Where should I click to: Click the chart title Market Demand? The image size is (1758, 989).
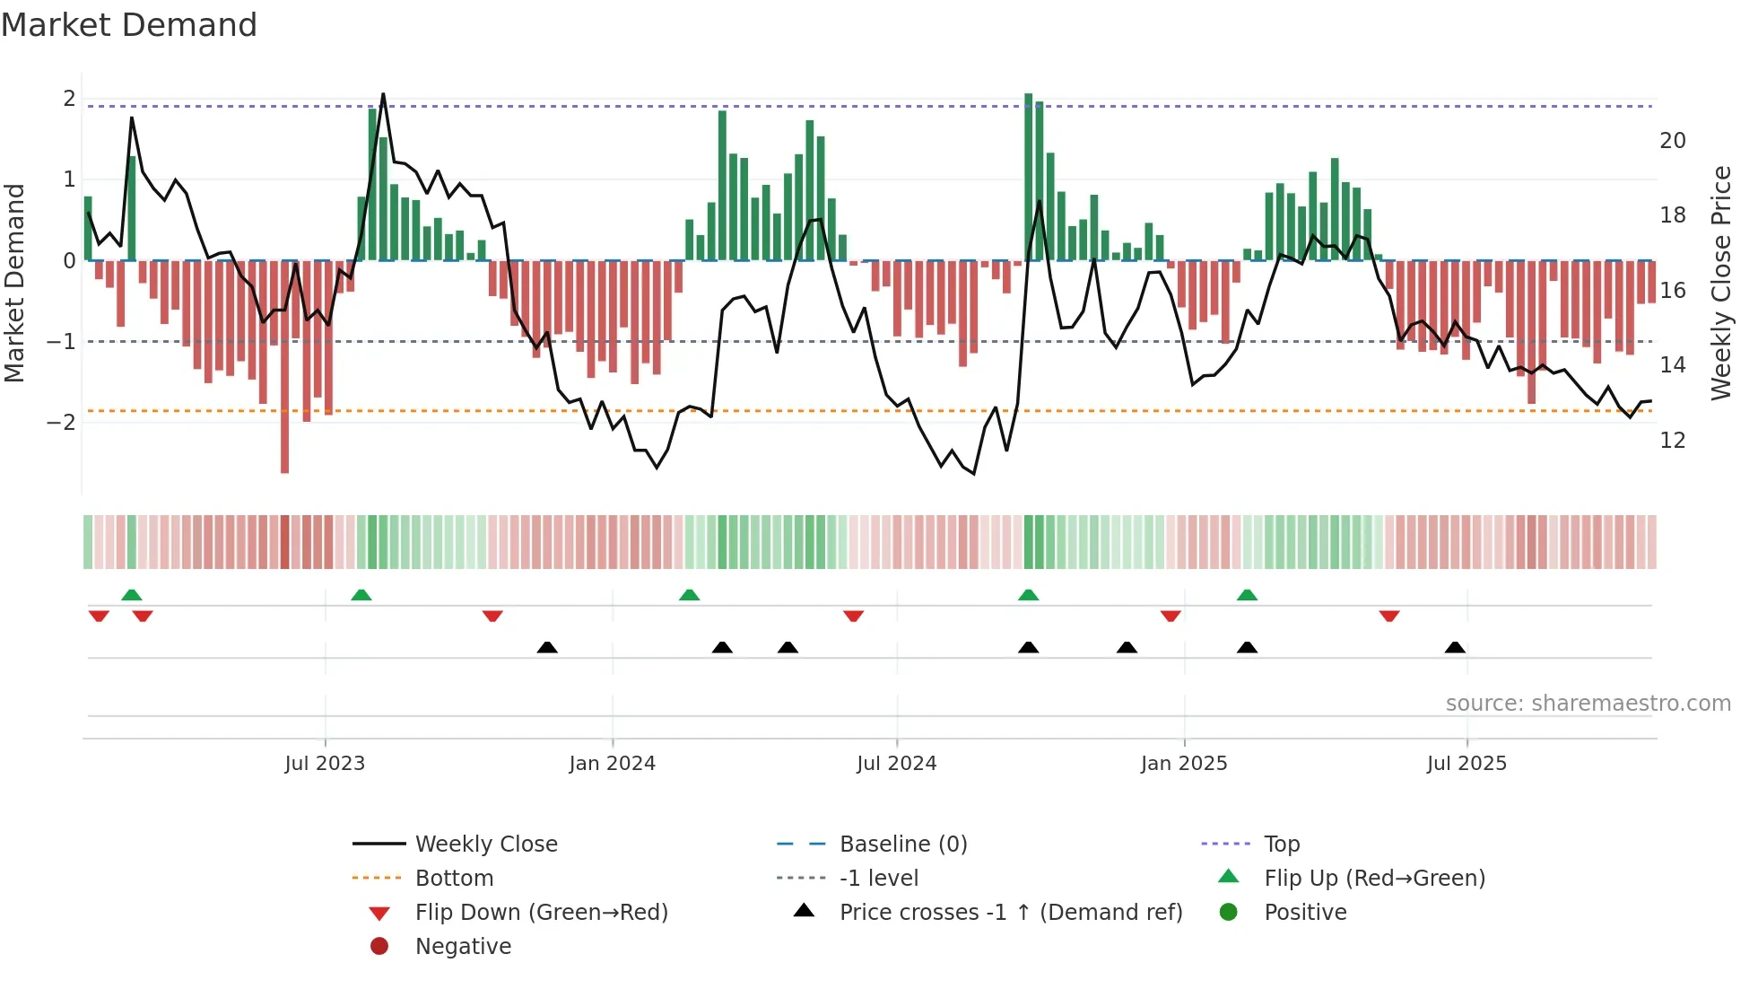129,25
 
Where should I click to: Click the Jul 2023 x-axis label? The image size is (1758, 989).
325,764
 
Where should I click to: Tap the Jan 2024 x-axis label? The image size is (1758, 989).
612,764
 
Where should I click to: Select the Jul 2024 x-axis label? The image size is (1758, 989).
896,764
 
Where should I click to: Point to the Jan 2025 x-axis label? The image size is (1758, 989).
1183,764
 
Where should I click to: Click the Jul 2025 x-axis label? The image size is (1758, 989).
1466,764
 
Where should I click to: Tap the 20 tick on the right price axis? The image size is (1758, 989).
1672,141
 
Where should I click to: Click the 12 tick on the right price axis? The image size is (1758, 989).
1672,441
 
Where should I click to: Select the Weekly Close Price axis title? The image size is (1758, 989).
1720,283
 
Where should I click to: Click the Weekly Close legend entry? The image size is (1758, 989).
485,845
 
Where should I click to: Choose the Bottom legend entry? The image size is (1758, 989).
454,879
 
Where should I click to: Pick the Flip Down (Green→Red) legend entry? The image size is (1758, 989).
541,913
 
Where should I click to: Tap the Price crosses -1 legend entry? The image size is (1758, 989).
1010,913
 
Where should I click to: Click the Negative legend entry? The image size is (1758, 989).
463,947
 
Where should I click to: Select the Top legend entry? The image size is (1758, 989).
1281,845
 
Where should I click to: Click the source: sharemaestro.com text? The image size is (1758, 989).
1588,704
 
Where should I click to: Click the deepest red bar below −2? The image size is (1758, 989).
284,449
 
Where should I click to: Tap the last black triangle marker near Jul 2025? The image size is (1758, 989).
1455,648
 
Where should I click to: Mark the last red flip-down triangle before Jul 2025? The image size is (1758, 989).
1389,616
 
